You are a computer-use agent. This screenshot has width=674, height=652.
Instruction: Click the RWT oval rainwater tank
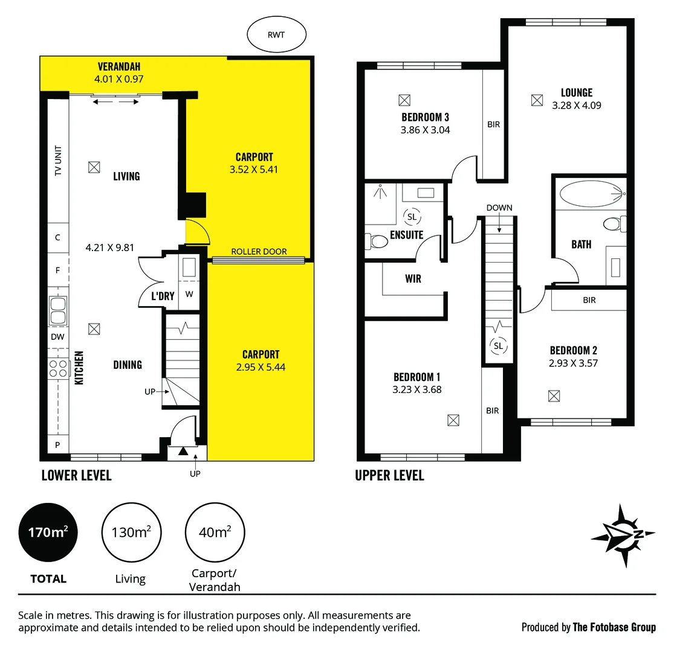[x=276, y=35]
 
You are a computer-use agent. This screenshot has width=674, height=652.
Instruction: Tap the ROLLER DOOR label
[x=259, y=252]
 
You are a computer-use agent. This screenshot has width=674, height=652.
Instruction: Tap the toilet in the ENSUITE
[x=378, y=242]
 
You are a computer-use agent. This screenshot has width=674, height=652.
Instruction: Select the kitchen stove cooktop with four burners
[x=58, y=368]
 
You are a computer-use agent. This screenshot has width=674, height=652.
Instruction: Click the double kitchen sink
[x=59, y=311]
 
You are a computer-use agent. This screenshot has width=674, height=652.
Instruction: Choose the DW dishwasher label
[x=57, y=337]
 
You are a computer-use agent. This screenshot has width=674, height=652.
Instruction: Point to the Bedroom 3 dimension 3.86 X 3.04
[x=425, y=130]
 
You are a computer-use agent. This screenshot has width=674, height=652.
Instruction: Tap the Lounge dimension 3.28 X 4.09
[x=576, y=105]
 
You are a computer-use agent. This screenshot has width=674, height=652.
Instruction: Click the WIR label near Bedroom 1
[x=413, y=279]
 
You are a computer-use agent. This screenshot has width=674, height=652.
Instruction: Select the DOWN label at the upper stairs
[x=499, y=208]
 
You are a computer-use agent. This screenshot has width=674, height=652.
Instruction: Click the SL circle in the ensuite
[x=412, y=217]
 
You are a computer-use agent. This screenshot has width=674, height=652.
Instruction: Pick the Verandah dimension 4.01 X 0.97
[x=118, y=78]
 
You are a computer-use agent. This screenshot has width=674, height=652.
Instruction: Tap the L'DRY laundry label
[x=162, y=296]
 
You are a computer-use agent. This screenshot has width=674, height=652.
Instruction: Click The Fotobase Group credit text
[x=614, y=627]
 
